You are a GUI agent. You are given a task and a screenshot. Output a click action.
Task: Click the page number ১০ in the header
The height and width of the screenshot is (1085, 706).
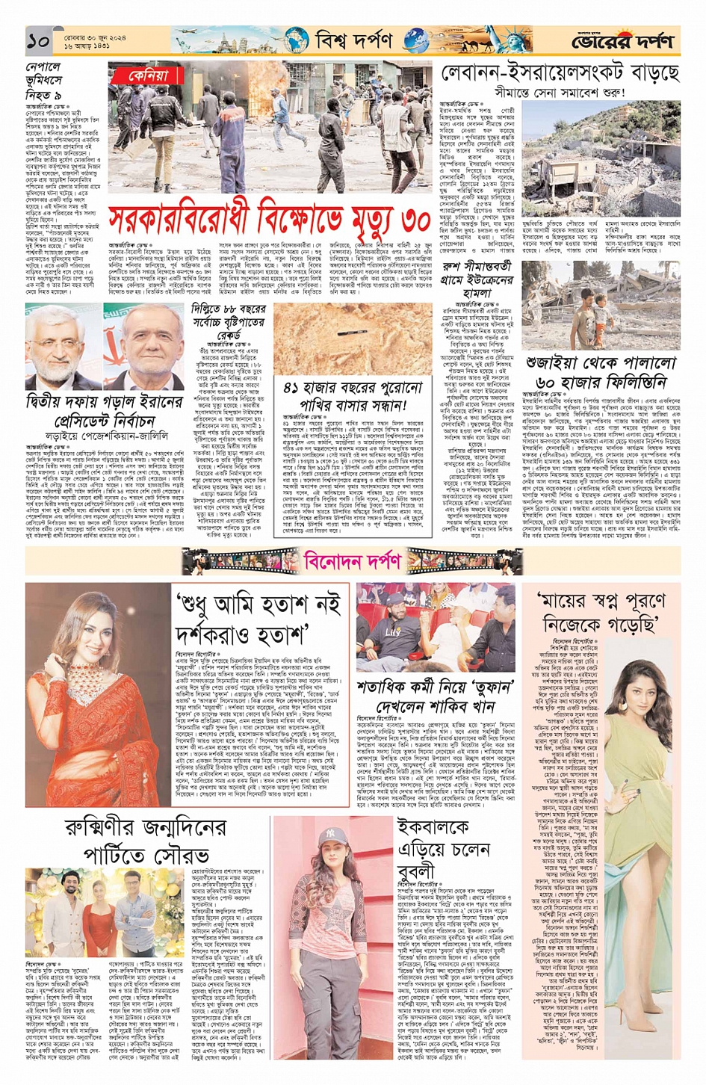coord(39,41)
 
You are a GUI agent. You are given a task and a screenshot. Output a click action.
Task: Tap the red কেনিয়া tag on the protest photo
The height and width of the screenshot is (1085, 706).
coord(149,75)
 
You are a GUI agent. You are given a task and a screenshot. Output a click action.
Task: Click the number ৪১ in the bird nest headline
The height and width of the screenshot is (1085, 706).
coord(293,389)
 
